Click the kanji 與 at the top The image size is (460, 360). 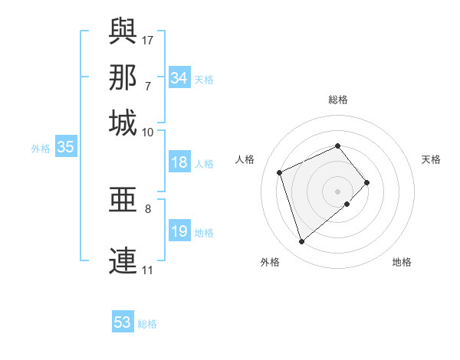[x=123, y=31]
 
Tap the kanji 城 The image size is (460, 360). [x=123, y=123]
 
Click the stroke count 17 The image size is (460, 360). [x=148, y=40]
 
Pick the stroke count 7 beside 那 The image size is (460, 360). [x=148, y=86]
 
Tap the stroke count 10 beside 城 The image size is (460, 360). [x=148, y=132]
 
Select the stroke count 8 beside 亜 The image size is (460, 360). [x=148, y=208]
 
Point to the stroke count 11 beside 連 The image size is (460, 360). [x=148, y=270]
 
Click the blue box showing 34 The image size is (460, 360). [x=179, y=78]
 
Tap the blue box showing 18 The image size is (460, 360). [x=179, y=162]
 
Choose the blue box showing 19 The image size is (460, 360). [x=179, y=231]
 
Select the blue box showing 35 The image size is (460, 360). [x=65, y=148]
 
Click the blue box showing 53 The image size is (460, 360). [x=123, y=322]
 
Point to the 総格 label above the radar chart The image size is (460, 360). [x=338, y=100]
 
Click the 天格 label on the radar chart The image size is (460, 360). [x=431, y=159]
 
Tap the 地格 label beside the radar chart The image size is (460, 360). [x=402, y=262]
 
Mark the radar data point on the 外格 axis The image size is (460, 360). [x=301, y=242]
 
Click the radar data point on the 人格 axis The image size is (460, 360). [x=281, y=172]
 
